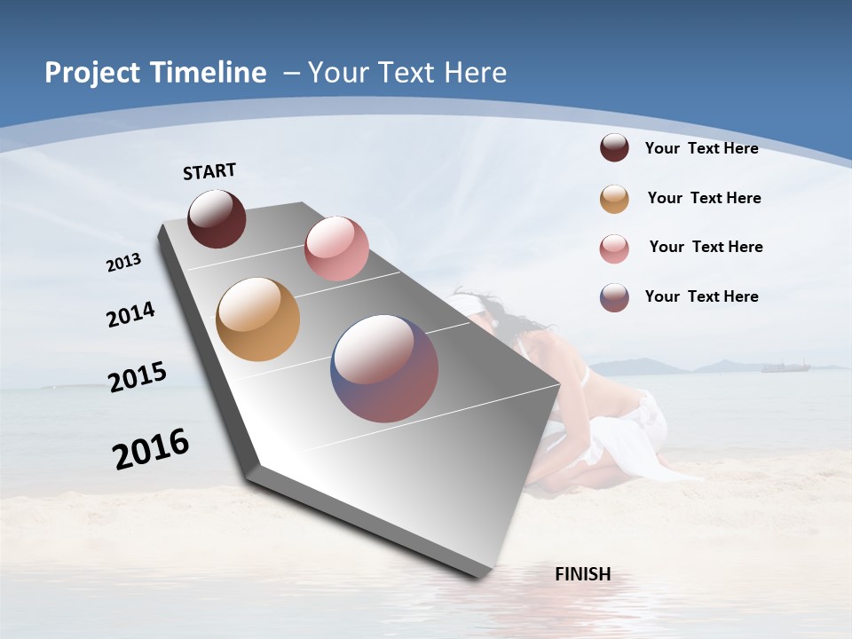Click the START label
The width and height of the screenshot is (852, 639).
(x=209, y=171)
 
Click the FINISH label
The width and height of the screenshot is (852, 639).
(x=583, y=574)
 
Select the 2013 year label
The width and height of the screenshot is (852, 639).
(x=123, y=263)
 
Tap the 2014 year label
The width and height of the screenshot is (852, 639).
(x=130, y=314)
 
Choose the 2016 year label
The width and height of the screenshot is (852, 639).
(x=151, y=448)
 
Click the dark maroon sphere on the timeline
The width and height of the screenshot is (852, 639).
(x=217, y=218)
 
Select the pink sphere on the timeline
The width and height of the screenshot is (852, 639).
(x=336, y=248)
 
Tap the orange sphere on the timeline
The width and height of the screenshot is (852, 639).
(x=257, y=319)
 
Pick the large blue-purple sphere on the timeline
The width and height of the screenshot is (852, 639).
(x=384, y=368)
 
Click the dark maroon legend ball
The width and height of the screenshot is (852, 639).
(x=614, y=147)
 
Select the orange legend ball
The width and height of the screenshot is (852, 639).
(x=614, y=199)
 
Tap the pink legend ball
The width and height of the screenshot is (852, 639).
(x=614, y=248)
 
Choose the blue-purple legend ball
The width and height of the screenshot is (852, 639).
(x=614, y=297)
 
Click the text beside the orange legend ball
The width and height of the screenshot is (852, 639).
(x=704, y=198)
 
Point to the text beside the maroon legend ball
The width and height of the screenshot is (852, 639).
(x=701, y=148)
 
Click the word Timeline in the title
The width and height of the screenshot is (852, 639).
(x=209, y=73)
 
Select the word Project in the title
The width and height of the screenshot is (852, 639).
(x=93, y=73)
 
